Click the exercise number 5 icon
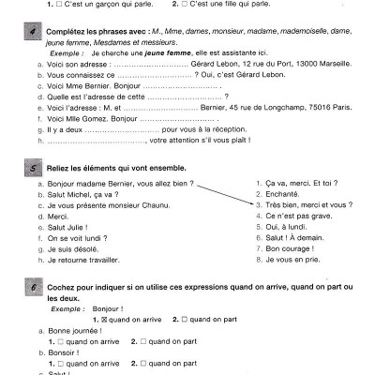pos(35,167)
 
